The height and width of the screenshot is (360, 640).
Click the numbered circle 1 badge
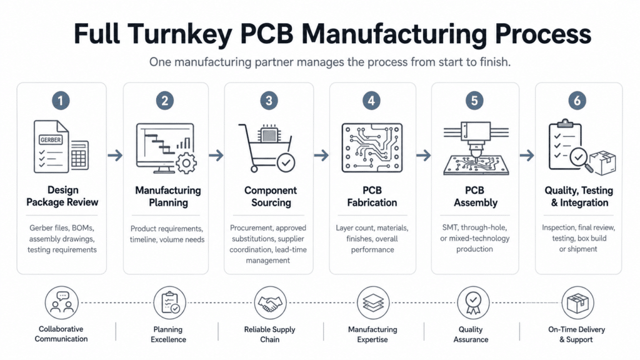click(61, 101)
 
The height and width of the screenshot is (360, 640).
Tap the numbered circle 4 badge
click(371, 101)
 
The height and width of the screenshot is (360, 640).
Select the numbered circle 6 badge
click(577, 101)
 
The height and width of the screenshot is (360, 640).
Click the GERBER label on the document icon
click(51, 139)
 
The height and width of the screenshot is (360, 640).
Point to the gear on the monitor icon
click(186, 163)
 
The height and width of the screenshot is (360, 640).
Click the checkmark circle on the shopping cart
click(286, 163)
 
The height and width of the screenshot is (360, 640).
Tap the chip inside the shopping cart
click(269, 134)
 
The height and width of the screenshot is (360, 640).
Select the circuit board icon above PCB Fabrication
click(372, 147)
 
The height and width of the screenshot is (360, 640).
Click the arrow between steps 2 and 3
click(216, 155)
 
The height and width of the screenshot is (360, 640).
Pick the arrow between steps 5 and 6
click(527, 155)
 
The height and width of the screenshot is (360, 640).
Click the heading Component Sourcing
click(271, 196)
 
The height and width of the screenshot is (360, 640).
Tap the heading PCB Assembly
click(475, 196)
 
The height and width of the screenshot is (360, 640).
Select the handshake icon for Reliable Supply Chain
click(269, 303)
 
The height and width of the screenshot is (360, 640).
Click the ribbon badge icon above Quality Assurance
click(473, 303)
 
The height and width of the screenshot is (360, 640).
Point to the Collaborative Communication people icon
click(62, 303)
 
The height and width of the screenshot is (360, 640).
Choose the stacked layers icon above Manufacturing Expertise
click(373, 303)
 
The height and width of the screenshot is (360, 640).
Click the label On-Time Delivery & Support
click(576, 334)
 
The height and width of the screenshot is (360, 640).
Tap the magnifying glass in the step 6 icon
click(581, 159)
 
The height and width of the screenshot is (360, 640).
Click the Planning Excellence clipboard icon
click(170, 303)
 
